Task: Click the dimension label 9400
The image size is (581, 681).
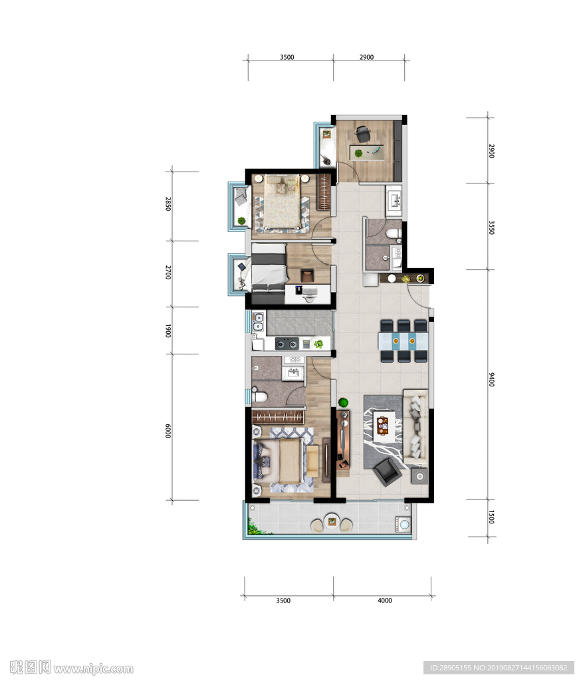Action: point(491,379)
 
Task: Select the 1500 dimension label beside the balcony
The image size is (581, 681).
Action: point(491,517)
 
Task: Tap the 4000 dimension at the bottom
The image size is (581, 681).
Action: point(385,601)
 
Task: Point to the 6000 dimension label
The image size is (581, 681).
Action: point(168,430)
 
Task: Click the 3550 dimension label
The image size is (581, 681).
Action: point(491,227)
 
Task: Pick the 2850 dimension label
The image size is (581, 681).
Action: point(168,204)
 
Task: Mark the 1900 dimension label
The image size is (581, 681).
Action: point(168,331)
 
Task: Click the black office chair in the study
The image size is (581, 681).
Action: point(362,133)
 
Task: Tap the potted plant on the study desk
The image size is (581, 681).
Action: point(359,154)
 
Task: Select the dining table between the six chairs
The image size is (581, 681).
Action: point(404,341)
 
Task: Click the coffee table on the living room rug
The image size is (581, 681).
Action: point(384,427)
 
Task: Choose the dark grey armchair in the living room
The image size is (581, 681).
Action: point(388,473)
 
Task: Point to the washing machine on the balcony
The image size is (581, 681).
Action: point(403,524)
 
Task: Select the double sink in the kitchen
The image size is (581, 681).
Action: point(259,322)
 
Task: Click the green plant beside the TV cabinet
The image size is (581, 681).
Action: point(344,402)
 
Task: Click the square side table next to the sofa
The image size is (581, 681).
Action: point(420,476)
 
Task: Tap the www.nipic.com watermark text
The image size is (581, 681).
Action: point(93,668)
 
